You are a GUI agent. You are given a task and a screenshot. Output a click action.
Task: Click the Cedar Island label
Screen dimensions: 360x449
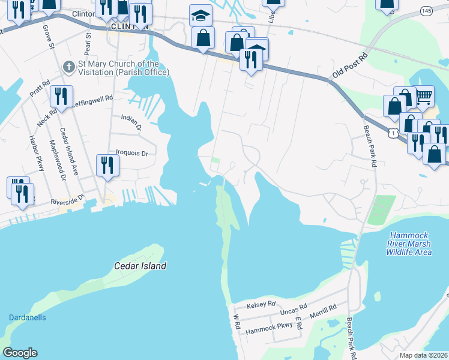click(140, 265)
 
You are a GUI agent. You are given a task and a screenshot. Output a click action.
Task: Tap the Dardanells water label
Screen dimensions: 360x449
click(27, 317)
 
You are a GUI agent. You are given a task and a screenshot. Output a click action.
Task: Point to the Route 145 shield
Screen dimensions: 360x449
click(427, 11)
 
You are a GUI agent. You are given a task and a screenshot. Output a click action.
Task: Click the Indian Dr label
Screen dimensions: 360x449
click(131, 122)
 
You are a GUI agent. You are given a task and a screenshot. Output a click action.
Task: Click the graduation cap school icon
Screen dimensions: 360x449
click(200, 14)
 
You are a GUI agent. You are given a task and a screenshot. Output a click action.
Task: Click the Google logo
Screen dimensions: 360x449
click(20, 353)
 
